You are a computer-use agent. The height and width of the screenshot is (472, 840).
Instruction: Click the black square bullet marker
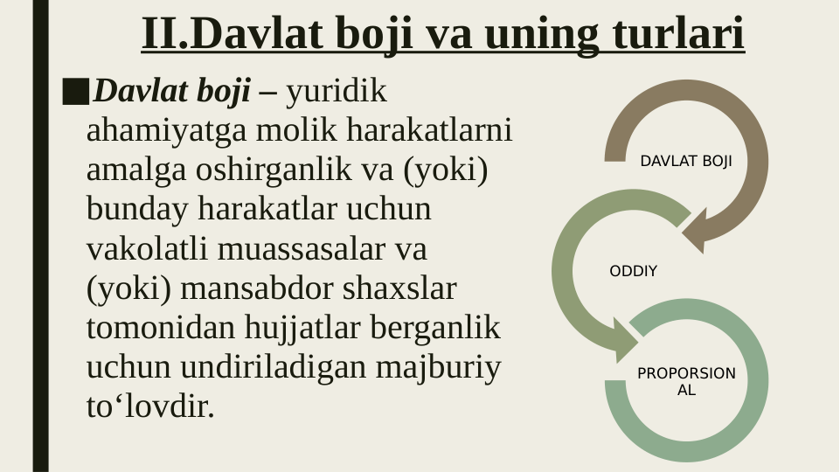click(x=76, y=91)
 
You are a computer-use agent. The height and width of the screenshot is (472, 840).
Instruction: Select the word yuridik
click(x=337, y=91)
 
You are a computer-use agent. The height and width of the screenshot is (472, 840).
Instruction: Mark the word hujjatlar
click(x=293, y=329)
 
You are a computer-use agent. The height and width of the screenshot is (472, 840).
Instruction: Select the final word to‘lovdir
click(x=149, y=407)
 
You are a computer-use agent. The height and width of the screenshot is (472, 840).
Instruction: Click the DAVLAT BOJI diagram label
click(x=686, y=162)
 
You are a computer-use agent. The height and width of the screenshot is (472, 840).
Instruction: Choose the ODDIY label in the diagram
click(x=633, y=272)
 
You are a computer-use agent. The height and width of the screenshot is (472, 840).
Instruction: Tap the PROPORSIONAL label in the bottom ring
click(x=686, y=382)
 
